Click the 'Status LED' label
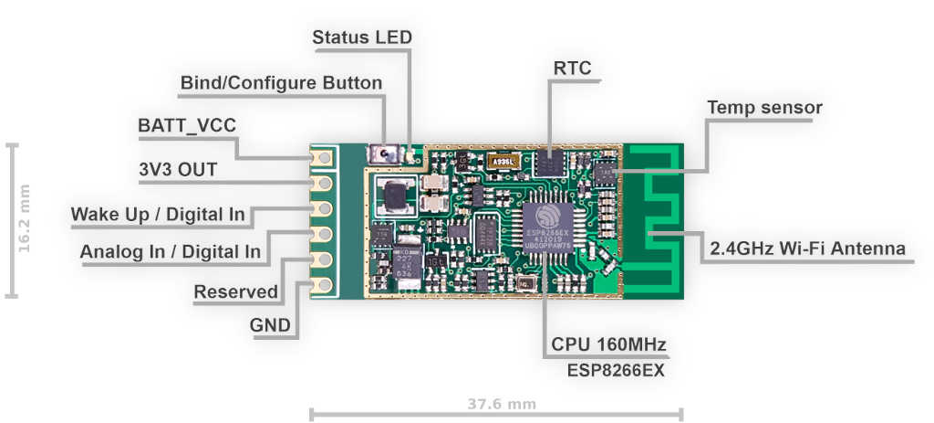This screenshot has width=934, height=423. tap(361, 37)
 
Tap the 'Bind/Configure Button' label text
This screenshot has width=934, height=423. tap(281, 83)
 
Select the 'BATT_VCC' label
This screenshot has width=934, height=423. tap(180, 126)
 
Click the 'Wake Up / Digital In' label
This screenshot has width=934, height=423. tap(158, 214)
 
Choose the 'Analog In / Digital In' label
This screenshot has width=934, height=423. tap(171, 251)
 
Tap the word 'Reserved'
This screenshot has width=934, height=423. tap(236, 291)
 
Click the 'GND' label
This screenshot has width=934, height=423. tap(270, 325)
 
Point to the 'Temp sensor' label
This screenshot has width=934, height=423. tap(764, 108)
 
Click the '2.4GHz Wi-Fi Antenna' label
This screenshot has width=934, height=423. tap(807, 249)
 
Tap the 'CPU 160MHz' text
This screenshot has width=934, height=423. tap(608, 345)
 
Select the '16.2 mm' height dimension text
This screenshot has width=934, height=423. tap(25, 218)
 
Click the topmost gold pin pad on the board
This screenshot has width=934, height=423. tap(322, 159)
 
